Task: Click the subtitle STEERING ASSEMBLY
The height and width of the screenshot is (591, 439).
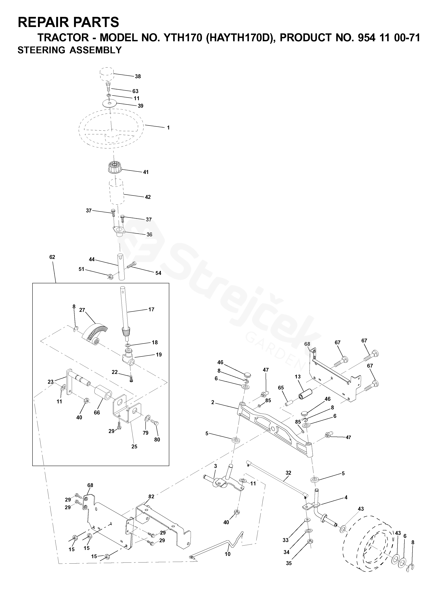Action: click(x=70, y=50)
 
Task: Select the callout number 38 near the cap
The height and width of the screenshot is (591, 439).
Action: click(x=138, y=76)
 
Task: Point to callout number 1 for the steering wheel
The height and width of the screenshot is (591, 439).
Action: click(x=168, y=128)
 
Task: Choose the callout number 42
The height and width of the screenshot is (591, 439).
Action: click(x=148, y=197)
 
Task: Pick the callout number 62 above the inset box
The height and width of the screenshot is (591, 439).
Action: click(x=52, y=257)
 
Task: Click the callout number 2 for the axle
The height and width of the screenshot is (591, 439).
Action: click(x=213, y=402)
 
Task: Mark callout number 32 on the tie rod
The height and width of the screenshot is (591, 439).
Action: click(x=288, y=473)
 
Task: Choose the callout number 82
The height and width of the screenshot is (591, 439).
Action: click(x=151, y=496)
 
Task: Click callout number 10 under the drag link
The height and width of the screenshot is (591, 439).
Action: click(x=228, y=554)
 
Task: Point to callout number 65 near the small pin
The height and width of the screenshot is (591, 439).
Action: click(x=281, y=388)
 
